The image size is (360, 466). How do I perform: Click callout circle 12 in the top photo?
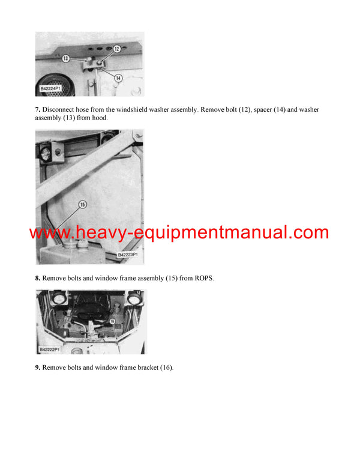(x=116, y=48)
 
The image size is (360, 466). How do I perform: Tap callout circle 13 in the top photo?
(x=67, y=58)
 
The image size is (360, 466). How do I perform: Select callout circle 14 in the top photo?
(x=118, y=78)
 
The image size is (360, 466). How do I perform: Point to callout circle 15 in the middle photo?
(x=83, y=204)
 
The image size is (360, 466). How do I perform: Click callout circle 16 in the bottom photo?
(x=112, y=322)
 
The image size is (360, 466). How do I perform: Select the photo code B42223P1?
(x=127, y=255)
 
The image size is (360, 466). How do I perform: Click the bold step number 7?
(x=37, y=110)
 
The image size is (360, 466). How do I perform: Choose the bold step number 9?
(x=37, y=367)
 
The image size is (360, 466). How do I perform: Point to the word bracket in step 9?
(x=144, y=367)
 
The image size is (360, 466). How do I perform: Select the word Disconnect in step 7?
(x=61, y=110)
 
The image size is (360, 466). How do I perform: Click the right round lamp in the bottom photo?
(x=134, y=298)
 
